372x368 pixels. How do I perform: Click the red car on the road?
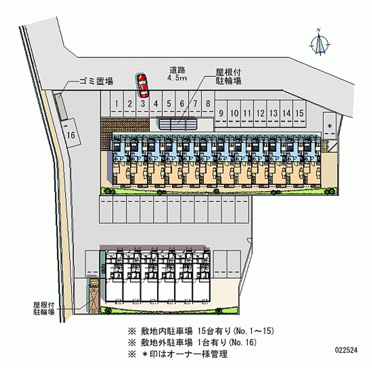coord(142,83)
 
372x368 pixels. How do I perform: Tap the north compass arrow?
coord(320,45)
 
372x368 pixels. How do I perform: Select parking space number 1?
coord(118,104)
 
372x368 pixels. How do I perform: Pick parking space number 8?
coord(208,104)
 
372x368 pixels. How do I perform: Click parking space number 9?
coord(222,113)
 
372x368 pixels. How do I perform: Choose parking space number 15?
coord(299,113)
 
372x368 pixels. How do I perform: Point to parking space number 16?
coord(71,134)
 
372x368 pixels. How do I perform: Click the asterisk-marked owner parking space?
coord(329,126)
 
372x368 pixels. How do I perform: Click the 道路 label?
coord(177,70)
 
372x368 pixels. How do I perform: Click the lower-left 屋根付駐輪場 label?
coord(44,308)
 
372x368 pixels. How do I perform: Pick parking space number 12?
coord(260,113)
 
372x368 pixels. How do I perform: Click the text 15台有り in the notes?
coord(213,331)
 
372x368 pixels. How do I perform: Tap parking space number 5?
coord(170,104)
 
